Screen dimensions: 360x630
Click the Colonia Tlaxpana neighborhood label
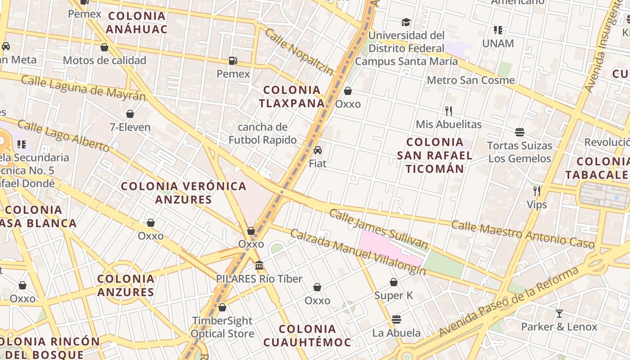[x=292, y=96]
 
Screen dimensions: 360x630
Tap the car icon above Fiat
[x=318, y=150]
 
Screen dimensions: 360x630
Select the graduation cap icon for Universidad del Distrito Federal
[x=406, y=22]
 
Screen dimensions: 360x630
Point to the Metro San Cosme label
[x=471, y=80]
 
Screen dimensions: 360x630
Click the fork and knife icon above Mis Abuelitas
[x=449, y=111]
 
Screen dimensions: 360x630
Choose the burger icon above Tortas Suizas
[x=520, y=132]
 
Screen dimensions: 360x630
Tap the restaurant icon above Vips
[x=537, y=191]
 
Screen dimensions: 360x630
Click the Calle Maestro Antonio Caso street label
[x=523, y=234]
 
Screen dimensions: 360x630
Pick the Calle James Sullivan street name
[x=378, y=229]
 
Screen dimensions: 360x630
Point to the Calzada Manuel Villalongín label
[x=358, y=252]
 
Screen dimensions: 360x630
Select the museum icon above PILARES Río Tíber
[x=259, y=265]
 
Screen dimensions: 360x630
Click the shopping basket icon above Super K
[x=394, y=282]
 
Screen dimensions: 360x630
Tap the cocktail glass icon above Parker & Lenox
[x=559, y=314]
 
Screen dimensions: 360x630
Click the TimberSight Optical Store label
[x=222, y=327]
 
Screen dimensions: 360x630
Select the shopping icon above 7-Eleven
[x=130, y=114]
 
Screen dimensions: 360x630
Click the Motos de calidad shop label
[x=104, y=60]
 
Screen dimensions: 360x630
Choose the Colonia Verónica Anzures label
[x=184, y=193]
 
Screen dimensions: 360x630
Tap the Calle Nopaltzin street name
[x=299, y=52]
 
